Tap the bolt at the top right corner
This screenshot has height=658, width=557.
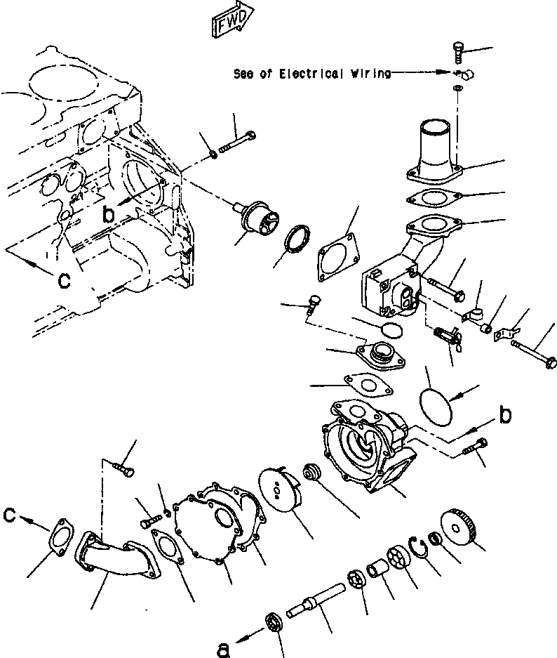(x=457, y=52)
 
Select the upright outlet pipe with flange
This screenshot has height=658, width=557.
(x=435, y=153)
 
